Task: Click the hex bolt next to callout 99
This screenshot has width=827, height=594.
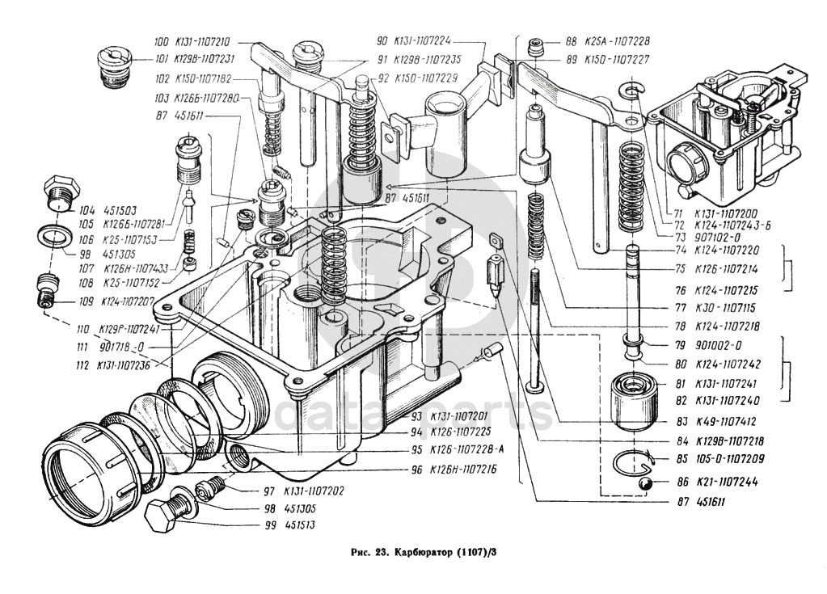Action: click(x=167, y=513)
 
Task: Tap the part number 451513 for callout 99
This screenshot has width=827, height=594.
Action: click(x=298, y=525)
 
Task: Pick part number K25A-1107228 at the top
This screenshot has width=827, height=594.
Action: click(x=619, y=40)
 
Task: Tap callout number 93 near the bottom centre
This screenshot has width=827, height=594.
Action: click(x=416, y=416)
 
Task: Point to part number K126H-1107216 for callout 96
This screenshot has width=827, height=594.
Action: click(x=463, y=469)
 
